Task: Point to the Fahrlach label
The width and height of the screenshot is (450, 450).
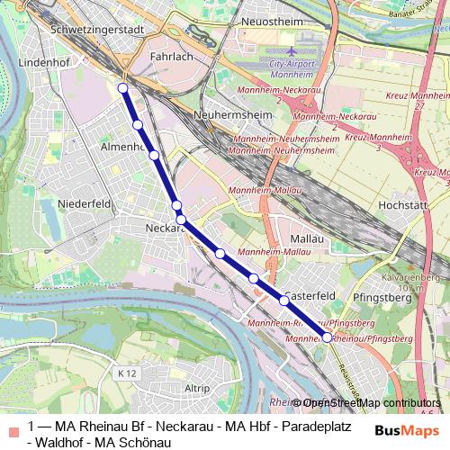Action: coord(172,56)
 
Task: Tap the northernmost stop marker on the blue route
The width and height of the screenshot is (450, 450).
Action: coord(122,87)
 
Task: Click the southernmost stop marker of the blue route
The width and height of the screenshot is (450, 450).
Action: coord(327,337)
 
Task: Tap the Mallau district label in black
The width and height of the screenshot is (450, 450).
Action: coord(301,238)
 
